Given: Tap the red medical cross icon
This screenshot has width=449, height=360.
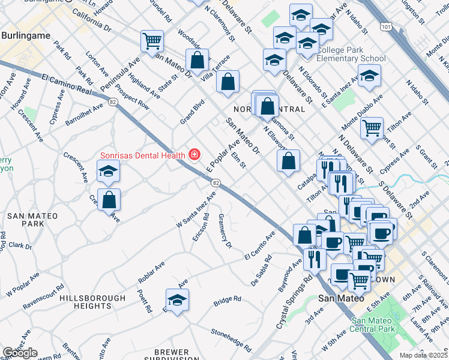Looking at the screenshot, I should point(194,155).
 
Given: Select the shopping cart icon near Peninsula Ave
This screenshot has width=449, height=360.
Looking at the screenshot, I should point(152,41).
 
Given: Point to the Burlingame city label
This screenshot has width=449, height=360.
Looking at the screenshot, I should point(25,36).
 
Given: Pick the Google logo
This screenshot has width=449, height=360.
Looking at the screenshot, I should point(20,353).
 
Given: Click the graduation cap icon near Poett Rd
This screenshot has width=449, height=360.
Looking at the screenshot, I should point(177,300).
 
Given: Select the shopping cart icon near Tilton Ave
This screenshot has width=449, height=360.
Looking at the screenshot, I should point(372,127).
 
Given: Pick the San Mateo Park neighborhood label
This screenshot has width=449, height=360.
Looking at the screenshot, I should point(32,220).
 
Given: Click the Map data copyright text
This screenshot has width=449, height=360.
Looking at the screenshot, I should point(423,355).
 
